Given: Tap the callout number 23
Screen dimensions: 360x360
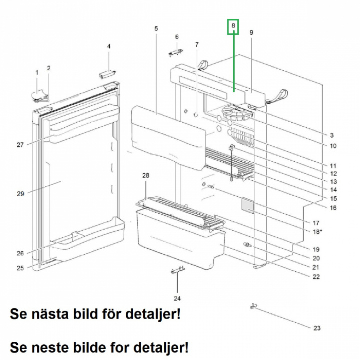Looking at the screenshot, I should coord(317,328).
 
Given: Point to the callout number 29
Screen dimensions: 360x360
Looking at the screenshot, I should coord(20,193).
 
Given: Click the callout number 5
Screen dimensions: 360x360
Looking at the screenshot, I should coord(156,29).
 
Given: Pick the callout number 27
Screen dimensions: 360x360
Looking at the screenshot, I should coord(20,145).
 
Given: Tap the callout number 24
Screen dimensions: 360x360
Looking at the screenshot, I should coord(177,299).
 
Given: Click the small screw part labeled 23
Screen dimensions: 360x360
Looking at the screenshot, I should coord(254,305).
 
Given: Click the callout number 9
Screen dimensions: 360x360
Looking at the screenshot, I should coord(251,33).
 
